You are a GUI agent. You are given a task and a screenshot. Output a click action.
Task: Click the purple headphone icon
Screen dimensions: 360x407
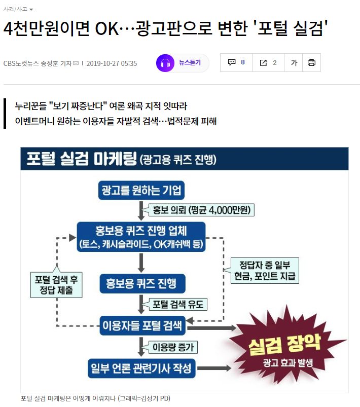tap(165, 63)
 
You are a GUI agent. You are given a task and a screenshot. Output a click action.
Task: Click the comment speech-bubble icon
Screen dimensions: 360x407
tap(232, 63)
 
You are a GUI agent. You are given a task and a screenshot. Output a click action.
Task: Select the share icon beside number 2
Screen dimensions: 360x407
tap(263, 63)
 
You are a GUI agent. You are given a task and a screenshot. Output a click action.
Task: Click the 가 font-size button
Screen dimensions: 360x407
tap(294, 63)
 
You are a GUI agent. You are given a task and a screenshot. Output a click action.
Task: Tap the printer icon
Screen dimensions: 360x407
tap(311, 63)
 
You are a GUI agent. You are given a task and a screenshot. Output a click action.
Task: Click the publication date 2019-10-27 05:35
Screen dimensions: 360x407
tap(112, 63)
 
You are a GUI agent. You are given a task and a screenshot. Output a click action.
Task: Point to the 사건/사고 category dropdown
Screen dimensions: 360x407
tap(18, 9)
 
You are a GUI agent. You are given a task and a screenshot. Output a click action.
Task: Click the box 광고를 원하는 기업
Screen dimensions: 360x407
tap(141, 191)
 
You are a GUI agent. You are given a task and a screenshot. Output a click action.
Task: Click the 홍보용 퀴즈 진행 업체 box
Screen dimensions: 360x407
tap(141, 237)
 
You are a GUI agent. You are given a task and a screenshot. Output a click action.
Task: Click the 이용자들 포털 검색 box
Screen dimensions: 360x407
tap(141, 324)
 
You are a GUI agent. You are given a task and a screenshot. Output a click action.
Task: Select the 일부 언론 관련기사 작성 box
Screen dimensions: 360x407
tap(141, 368)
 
